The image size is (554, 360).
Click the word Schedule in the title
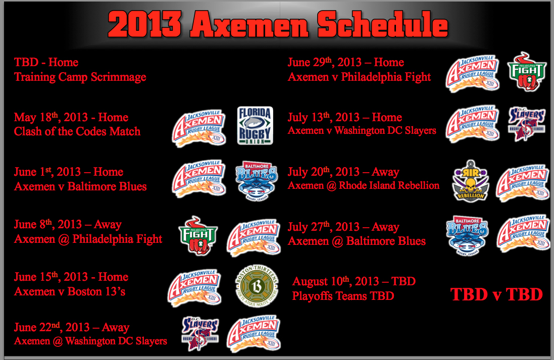coord(383,24)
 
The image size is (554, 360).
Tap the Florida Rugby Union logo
coord(255,126)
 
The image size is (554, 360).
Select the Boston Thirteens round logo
coord(257,285)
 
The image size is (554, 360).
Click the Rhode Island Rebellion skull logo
coord(471,181)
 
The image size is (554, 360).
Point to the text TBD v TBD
coord(496,294)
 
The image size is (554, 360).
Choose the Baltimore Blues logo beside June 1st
coord(256,181)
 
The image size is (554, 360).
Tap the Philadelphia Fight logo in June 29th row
coord(526,72)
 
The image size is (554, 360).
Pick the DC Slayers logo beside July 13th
coord(526,124)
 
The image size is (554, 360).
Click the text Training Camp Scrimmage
coord(80,77)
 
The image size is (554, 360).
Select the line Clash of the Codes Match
coord(77,131)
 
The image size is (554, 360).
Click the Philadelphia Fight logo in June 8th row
coord(198,236)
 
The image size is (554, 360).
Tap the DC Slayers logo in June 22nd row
coord(200,334)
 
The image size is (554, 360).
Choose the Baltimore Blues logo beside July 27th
coord(467,236)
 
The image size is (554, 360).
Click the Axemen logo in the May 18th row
coord(199,128)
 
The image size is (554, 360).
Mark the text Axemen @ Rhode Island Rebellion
coord(364,185)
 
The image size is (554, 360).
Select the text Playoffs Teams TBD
coord(343,296)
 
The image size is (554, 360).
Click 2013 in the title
coord(145,24)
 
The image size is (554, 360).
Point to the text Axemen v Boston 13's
coord(70,291)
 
